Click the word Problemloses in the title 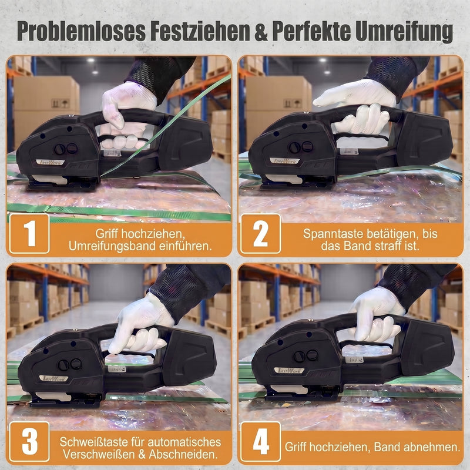tap(81, 31)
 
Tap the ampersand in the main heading tap(261, 31)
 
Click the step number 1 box tap(29, 233)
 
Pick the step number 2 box tap(260, 233)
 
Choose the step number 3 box tap(29, 442)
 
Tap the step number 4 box tap(260, 442)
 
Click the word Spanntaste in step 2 tap(333, 234)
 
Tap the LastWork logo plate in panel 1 tap(50, 162)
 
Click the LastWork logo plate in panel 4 tap(289, 371)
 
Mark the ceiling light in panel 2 tap(323, 61)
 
